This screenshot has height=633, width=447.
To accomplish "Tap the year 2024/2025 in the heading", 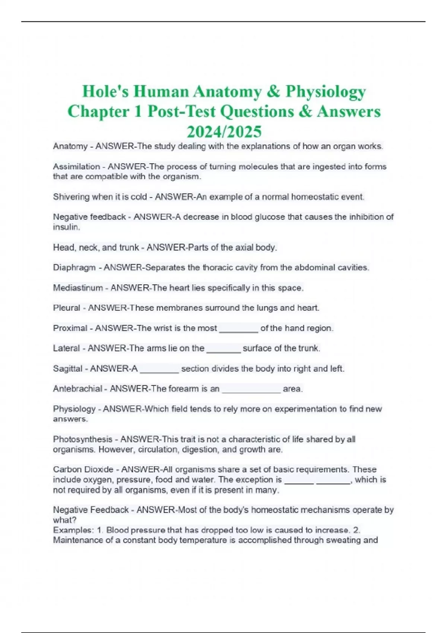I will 224,131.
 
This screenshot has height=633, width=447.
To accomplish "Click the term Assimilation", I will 76,166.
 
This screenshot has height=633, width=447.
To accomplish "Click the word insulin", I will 66,227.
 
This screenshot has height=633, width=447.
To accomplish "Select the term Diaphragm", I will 74,267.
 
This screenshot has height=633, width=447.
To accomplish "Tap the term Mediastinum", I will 77,287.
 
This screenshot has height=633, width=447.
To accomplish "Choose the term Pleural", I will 66,308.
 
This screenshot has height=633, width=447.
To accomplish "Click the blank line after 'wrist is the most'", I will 238,329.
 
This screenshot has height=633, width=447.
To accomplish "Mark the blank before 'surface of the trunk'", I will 223,349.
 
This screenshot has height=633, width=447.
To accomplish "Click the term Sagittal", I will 67,368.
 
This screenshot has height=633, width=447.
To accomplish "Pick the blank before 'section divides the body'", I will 159,369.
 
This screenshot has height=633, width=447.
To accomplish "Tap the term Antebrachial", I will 77,388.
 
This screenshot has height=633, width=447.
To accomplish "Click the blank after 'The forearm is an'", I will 251,389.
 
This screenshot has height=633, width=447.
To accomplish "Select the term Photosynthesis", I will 82,439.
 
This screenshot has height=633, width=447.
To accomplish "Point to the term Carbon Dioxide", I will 83,469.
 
